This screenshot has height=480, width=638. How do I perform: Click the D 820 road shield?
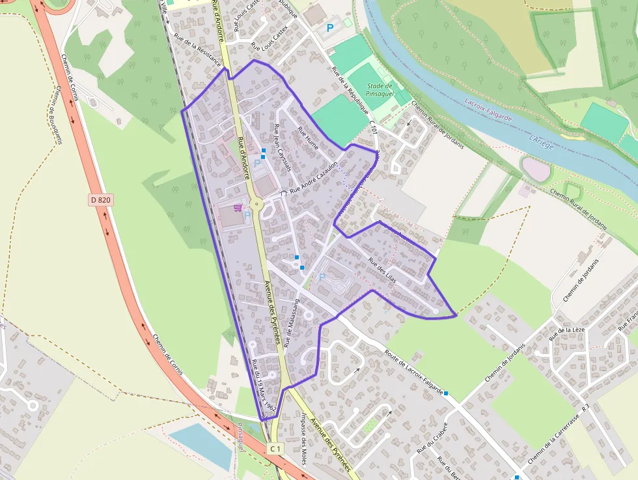pyautogui.click(x=100, y=200)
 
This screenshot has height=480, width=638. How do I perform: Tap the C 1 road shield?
pyautogui.click(x=275, y=449)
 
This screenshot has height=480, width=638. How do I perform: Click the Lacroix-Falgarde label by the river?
pyautogui.click(x=488, y=110)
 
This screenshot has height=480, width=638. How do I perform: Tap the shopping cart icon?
pyautogui.click(x=239, y=207)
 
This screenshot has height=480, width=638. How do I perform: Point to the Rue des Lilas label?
pyautogui.click(x=382, y=269)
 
